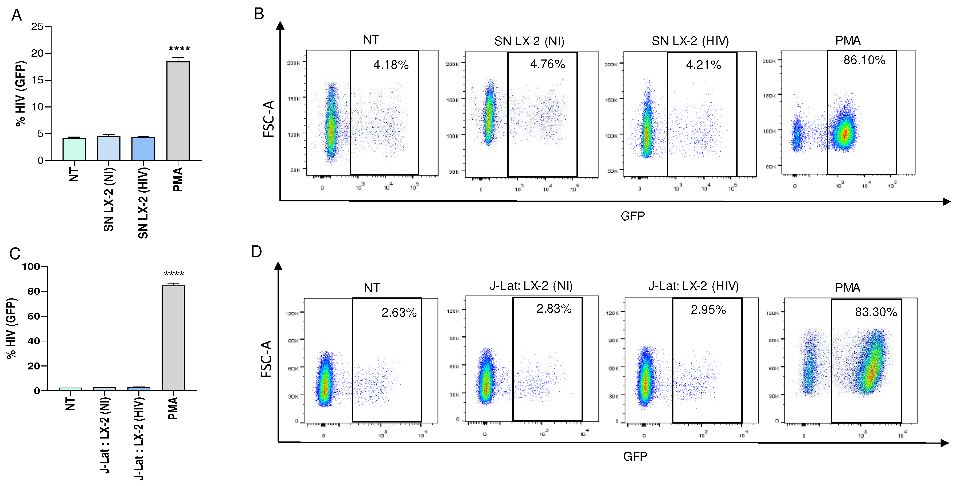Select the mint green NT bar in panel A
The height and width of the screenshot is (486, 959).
(x=74, y=149)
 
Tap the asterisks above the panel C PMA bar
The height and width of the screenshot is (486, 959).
(x=174, y=274)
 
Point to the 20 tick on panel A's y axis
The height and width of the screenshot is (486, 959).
(x=37, y=54)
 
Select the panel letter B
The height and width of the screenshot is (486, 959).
(x=259, y=14)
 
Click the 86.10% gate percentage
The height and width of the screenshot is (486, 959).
(x=864, y=60)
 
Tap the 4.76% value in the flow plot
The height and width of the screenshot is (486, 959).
(x=547, y=64)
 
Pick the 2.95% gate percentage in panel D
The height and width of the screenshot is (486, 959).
(x=708, y=310)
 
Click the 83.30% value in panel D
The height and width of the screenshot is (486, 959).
(x=876, y=312)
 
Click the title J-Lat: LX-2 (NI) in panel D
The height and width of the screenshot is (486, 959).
(x=531, y=286)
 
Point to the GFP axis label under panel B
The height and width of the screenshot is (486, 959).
(x=633, y=216)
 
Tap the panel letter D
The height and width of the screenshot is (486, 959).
(x=256, y=252)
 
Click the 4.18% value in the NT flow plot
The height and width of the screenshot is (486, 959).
(x=391, y=65)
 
